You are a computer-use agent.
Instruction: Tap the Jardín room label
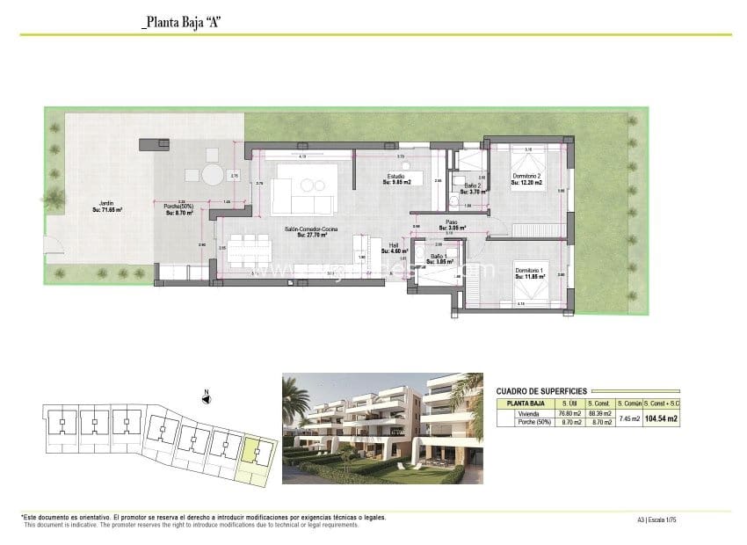[x=107, y=207]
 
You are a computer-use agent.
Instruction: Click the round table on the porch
[x=214, y=175]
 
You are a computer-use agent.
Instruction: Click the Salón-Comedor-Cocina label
[x=312, y=231]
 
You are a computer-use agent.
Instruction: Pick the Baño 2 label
[x=473, y=185]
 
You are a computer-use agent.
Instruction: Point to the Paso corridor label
[x=452, y=224]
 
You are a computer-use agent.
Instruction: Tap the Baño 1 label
[x=439, y=258]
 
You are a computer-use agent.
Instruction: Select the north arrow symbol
[x=205, y=398]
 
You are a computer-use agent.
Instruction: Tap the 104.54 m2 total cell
[x=661, y=419]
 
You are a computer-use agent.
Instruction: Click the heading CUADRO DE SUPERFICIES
[x=541, y=391]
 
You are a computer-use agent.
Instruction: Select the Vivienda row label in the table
[x=528, y=413]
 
